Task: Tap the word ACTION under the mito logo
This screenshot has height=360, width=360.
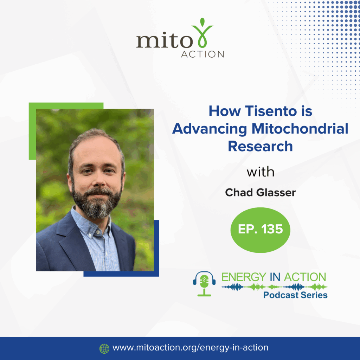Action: coord(202,54)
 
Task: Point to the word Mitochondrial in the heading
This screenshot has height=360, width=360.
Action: coord(300,129)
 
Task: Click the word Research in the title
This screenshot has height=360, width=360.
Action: coord(261,146)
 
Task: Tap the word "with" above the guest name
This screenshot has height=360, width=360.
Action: coord(261,172)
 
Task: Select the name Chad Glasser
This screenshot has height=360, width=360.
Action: coord(261,192)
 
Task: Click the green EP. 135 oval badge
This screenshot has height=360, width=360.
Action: coord(261,230)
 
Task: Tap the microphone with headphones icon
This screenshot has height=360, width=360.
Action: coord(204,284)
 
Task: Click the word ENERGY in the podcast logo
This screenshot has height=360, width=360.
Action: coord(244,277)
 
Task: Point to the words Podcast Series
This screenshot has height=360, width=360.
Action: coord(295,295)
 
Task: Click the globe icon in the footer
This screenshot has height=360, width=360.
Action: coord(104,348)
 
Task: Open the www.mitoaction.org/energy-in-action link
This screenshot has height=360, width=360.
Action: coord(190,348)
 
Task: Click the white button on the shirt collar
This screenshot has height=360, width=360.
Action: coord(98,232)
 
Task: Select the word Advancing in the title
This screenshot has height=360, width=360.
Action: coord(210,129)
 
